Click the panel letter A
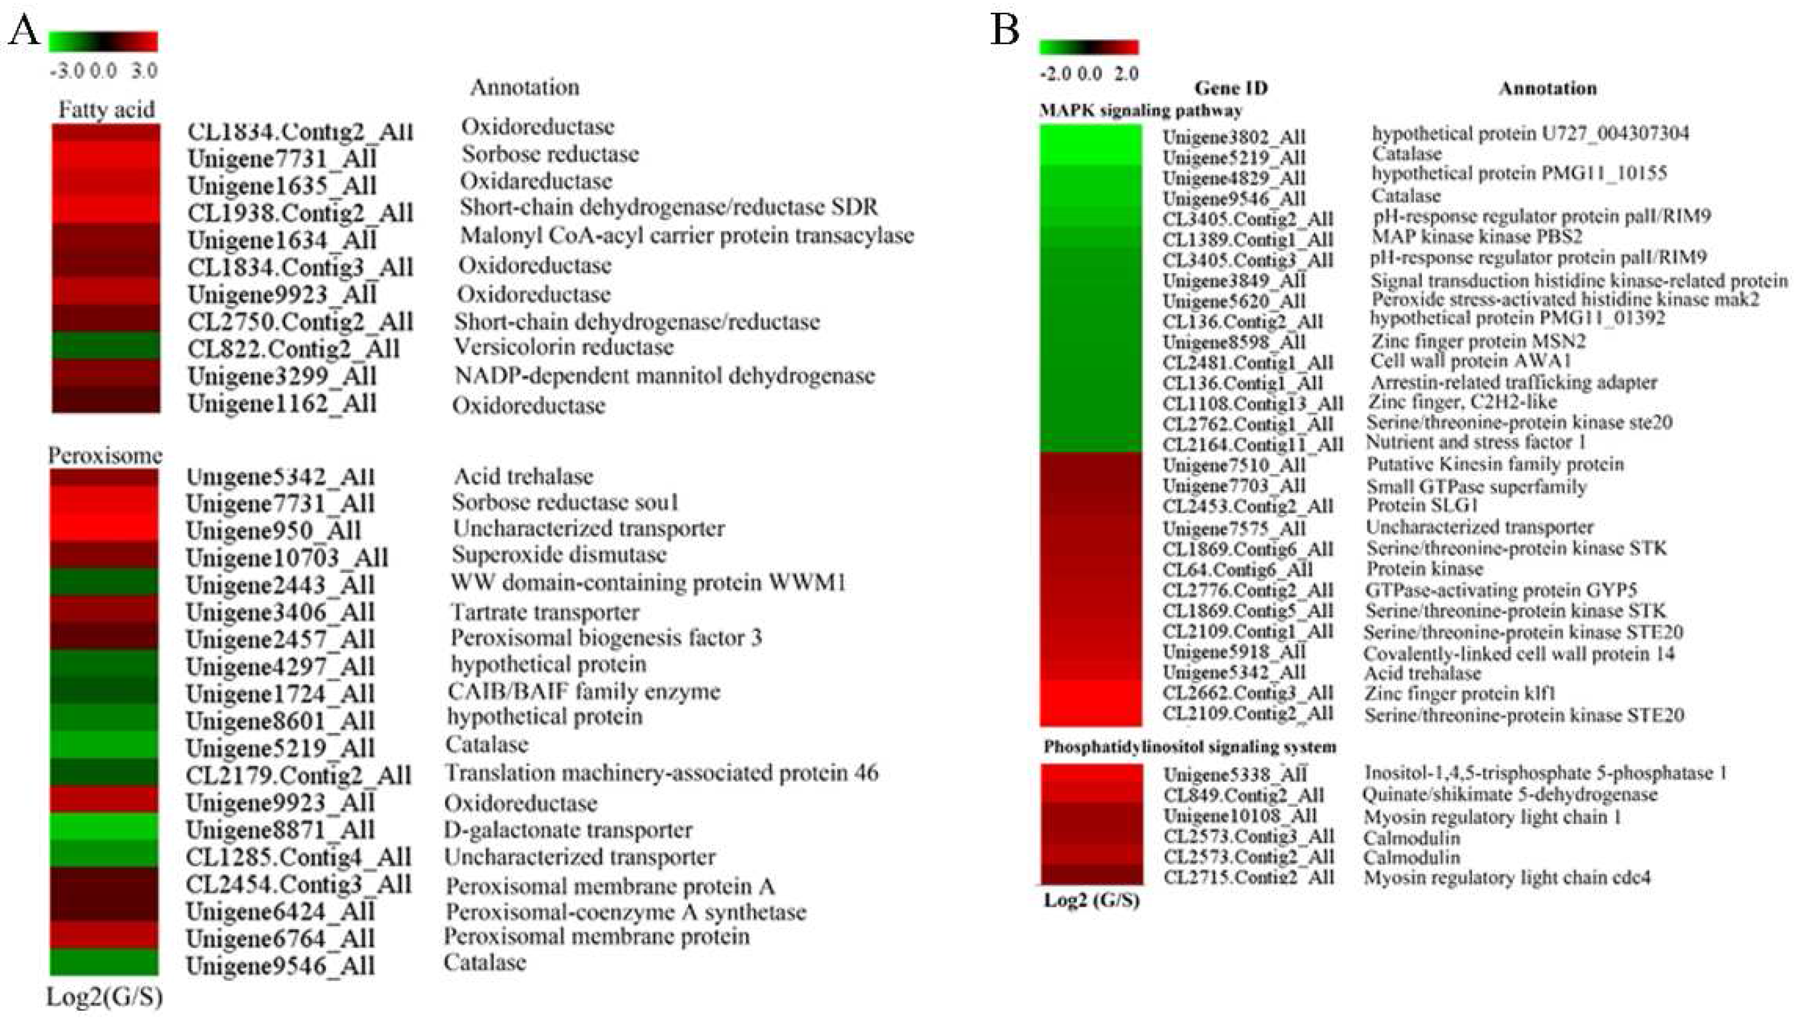pyautogui.click(x=24, y=31)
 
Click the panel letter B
pyautogui.click(x=1004, y=31)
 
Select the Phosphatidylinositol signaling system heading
pyautogui.click(x=1190, y=747)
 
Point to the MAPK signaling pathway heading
pyautogui.click(x=1140, y=110)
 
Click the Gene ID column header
pyautogui.click(x=1231, y=88)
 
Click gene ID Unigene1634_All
pyautogui.click(x=282, y=240)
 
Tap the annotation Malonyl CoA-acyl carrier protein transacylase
pyautogui.click(x=687, y=235)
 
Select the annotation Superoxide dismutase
pyautogui.click(x=559, y=555)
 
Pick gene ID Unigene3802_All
pyautogui.click(x=1234, y=137)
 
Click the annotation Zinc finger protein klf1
pyautogui.click(x=1460, y=693)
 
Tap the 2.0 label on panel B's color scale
pyautogui.click(x=1126, y=74)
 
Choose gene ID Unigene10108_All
pyautogui.click(x=1240, y=816)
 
